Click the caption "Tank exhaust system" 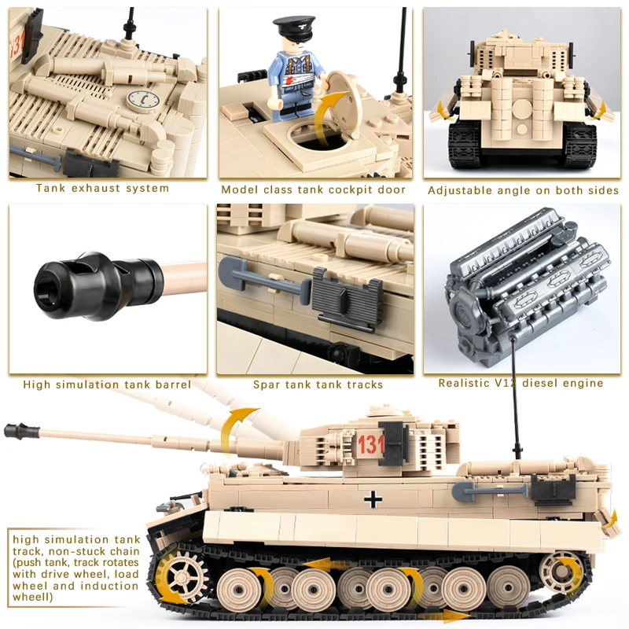click(102, 189)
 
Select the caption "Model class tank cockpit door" click(313, 189)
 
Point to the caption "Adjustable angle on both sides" click(523, 190)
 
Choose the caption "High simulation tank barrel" click(107, 384)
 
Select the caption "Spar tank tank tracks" click(318, 384)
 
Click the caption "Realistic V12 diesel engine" click(520, 384)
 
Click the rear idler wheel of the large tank click(563, 568)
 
